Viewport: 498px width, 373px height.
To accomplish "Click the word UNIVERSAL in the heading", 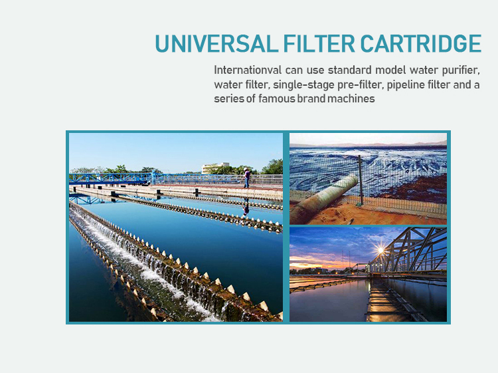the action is point(216,44).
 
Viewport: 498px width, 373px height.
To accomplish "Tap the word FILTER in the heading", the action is point(319,44).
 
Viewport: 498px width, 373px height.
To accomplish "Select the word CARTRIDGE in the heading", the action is point(421,44).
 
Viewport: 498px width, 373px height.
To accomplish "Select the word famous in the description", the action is point(277,98).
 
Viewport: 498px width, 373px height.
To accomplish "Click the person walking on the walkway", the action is point(247,178).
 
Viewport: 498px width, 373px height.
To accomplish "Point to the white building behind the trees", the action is point(215,168).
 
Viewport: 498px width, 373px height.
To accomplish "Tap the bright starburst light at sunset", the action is point(380,251).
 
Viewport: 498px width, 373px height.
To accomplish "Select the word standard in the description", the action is point(350,70).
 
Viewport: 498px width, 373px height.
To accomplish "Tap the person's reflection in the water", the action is point(246,207).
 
